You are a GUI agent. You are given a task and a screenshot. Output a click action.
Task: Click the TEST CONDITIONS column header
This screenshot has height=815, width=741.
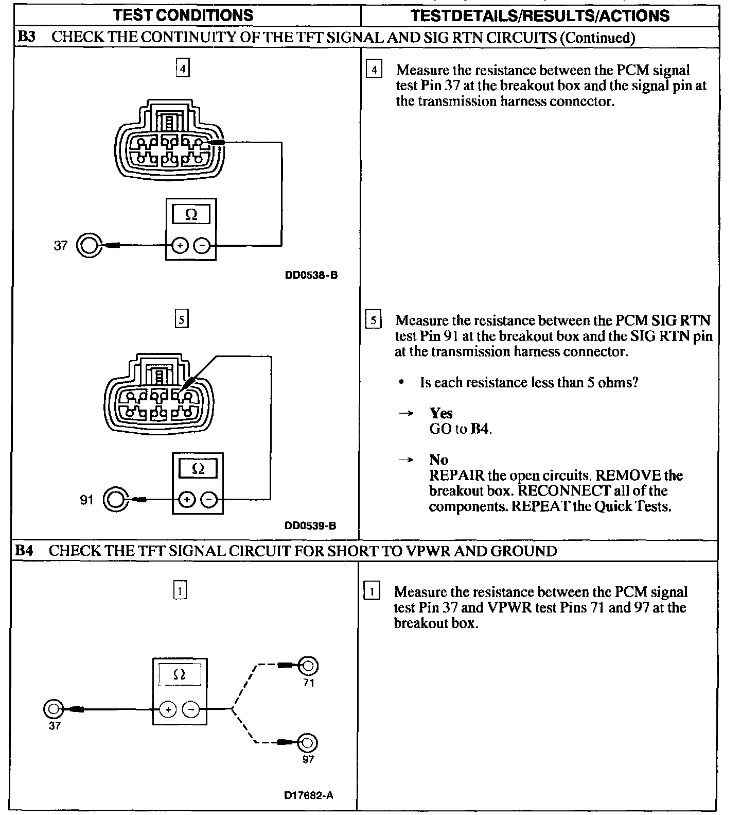pos(183,15)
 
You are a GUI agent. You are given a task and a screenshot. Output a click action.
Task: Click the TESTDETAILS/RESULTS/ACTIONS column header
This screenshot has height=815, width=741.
pos(540,15)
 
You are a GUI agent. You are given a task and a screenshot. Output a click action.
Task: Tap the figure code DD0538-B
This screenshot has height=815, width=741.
pos(311,275)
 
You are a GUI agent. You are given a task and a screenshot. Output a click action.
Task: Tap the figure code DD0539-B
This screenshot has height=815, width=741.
pos(310,526)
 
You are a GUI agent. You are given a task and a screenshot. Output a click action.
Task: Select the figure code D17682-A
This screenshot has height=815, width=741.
pos(309,795)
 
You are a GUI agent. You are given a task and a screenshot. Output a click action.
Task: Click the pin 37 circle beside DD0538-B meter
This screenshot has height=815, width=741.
pos(87,245)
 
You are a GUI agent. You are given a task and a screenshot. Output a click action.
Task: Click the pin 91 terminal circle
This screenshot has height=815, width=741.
pos(115,499)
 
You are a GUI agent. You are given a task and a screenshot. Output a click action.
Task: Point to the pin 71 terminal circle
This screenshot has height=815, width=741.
pos(308,666)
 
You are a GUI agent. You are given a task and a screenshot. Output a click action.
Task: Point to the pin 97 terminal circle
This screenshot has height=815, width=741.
pos(307,743)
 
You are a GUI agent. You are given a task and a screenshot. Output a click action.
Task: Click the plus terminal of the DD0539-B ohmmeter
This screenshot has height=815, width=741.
pos(187,499)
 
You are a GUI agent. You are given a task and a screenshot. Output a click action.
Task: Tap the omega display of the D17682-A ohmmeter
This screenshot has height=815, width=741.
pos(180,674)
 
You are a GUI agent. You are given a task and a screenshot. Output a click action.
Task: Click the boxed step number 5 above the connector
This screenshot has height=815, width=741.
pos(182,320)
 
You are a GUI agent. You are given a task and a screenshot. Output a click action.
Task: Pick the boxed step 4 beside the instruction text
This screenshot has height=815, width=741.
pos(374,70)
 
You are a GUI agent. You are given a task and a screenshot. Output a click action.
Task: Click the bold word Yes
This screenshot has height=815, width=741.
pos(441,413)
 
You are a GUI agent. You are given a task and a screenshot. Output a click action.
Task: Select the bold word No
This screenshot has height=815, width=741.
pos(439,460)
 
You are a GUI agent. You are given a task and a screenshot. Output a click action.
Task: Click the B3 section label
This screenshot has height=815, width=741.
pos(26,37)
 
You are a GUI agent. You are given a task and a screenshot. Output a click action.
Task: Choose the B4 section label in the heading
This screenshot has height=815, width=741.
pos(24,551)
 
